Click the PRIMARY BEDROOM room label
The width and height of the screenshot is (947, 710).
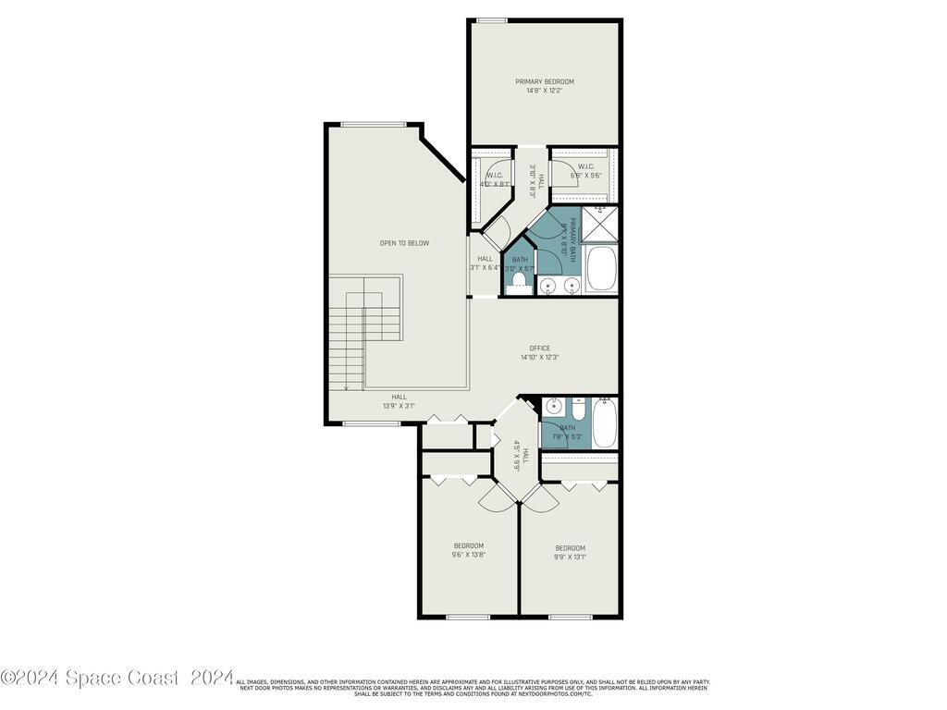click(545, 81)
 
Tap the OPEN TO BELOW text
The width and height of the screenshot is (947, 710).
click(404, 243)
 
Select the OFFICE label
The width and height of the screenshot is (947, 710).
click(538, 349)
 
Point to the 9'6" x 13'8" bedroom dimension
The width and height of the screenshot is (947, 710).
click(468, 557)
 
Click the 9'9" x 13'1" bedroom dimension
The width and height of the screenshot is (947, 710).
click(570, 557)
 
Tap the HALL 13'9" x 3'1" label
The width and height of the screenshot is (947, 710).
click(399, 401)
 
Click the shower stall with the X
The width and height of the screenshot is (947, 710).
click(600, 224)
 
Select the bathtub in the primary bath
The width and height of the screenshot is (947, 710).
click(602, 270)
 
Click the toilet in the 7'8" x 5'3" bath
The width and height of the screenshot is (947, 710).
click(578, 408)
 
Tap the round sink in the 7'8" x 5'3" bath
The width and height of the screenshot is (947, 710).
click(555, 407)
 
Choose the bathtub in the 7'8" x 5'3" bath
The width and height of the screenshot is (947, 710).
click(605, 424)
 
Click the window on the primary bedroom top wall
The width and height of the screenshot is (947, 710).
click(492, 19)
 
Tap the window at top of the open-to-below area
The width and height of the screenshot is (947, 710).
click(373, 124)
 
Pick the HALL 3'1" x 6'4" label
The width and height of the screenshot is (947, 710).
click(485, 263)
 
